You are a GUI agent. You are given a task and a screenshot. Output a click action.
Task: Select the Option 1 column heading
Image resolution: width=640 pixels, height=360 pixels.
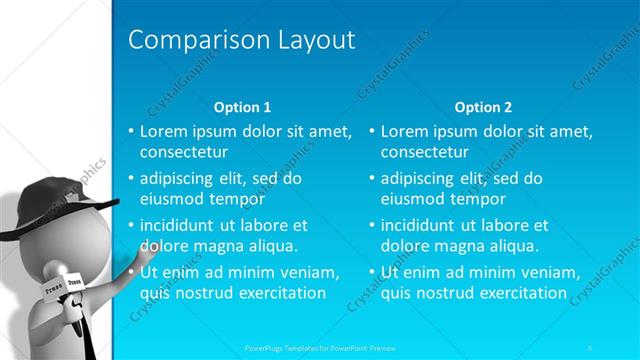243,107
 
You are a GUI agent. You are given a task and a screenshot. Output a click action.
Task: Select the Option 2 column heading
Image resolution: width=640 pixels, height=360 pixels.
483,107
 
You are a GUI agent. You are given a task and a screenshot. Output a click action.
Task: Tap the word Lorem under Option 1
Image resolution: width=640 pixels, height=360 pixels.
162,131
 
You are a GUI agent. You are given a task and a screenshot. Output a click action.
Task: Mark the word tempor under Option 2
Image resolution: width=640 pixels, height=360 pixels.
478,198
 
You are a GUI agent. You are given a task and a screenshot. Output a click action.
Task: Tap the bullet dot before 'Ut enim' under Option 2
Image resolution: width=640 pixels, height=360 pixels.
371,273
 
